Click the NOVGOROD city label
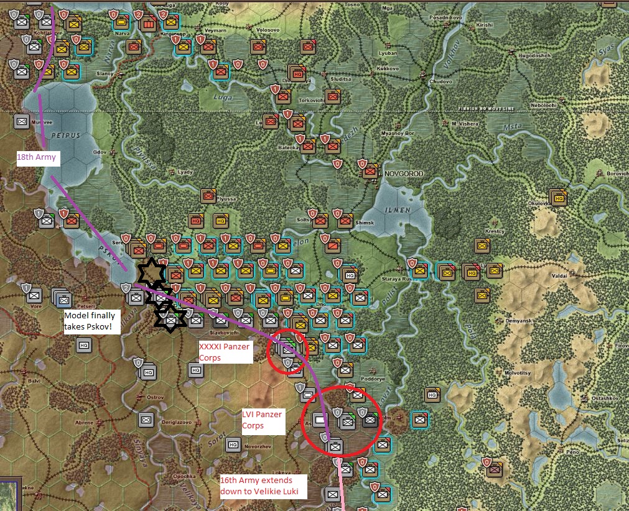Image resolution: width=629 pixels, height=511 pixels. (405, 173)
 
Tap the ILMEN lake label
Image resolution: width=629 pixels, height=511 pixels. (398, 210)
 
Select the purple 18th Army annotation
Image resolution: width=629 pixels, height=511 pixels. (37, 158)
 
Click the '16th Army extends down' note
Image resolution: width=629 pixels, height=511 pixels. (264, 486)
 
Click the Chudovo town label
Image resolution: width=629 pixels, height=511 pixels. (440, 81)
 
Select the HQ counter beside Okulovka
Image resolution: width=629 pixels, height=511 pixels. (559, 197)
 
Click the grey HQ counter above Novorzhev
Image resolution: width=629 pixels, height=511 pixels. (233, 444)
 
